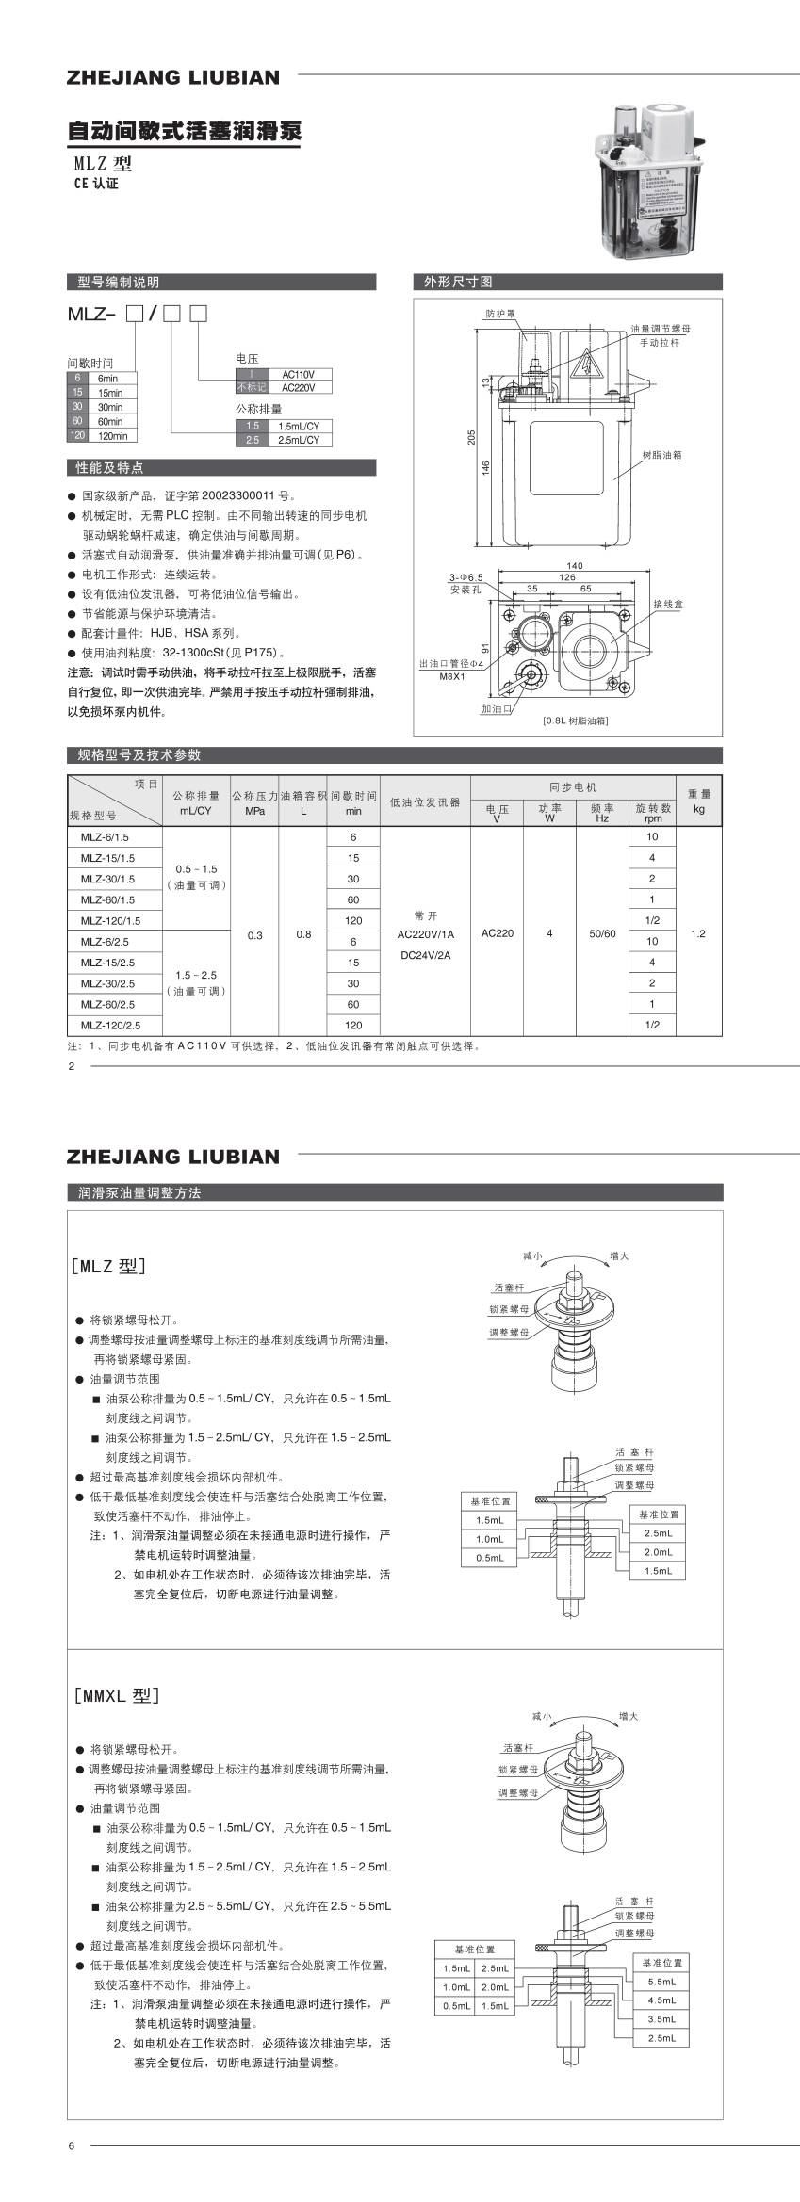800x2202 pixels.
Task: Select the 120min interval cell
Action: coord(111,436)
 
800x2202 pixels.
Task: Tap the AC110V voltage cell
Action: coord(298,374)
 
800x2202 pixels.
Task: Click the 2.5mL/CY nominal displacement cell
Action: coord(298,440)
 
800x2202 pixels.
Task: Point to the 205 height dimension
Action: coord(472,437)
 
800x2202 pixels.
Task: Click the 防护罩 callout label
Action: coord(500,314)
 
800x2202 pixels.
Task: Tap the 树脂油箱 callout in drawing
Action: coord(661,455)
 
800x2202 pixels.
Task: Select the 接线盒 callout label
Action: coord(668,604)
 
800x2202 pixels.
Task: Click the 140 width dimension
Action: coord(575,566)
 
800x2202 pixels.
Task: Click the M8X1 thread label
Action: coord(452,676)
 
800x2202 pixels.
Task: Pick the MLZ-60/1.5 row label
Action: coord(107,899)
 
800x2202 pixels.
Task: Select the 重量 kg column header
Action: coord(699,801)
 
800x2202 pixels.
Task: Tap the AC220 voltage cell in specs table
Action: coord(497,933)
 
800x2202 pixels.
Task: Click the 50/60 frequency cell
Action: coord(602,933)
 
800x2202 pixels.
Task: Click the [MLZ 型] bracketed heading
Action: coord(109,1265)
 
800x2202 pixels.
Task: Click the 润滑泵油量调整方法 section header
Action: coord(139,1192)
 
